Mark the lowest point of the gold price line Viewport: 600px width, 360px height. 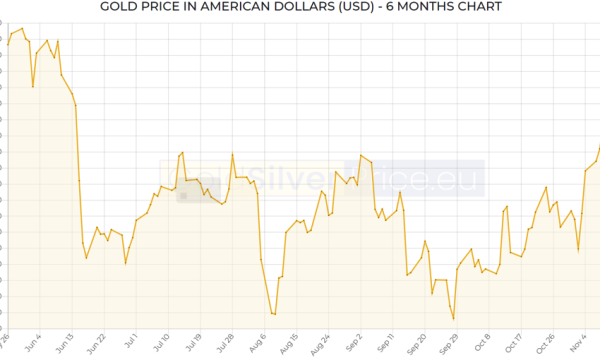[454, 319]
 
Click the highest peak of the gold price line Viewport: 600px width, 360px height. [22, 29]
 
